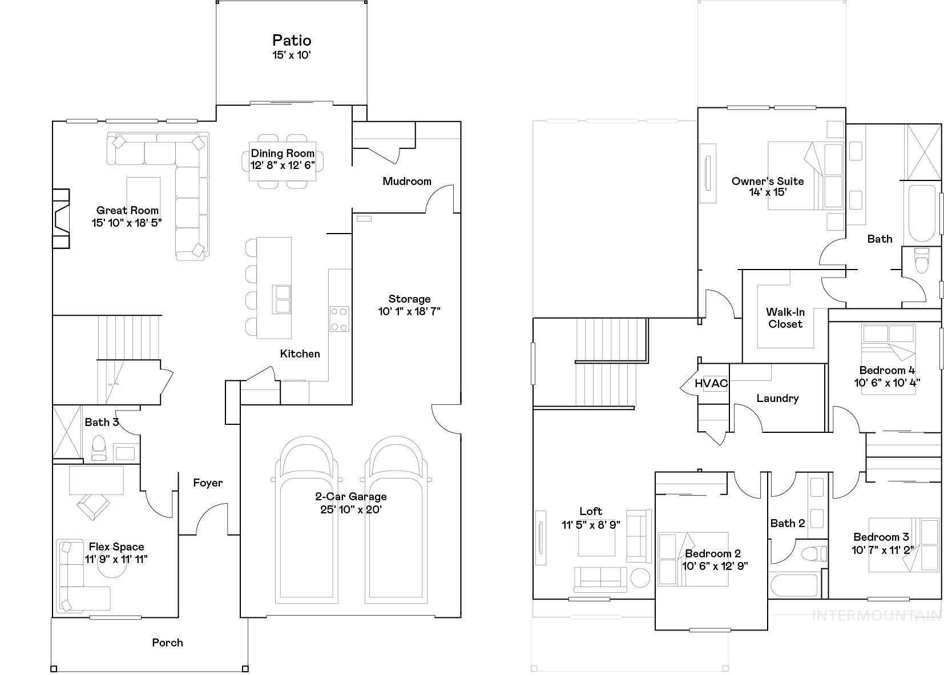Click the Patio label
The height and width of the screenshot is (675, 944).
pos(291,41)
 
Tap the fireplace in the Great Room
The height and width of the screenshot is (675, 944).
pos(60,219)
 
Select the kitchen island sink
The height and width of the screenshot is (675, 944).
pos(282,299)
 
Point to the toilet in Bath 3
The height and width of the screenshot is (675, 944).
pos(99,448)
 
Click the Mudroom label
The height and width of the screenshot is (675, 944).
pos(406,181)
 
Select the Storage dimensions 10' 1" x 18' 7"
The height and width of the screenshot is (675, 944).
pos(409,311)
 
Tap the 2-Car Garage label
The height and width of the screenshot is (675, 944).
pos(350,496)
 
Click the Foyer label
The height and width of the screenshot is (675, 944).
pos(207,483)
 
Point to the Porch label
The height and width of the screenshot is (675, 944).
pos(167,642)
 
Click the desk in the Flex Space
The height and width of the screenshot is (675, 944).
pos(96,480)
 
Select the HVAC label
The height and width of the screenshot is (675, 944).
pos(711,383)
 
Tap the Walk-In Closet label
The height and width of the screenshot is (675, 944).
pos(785,318)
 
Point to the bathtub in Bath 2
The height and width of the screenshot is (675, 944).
pos(793,585)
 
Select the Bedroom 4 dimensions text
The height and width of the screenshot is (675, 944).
pos(886,383)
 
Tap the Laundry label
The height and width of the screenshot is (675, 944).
pos(777,398)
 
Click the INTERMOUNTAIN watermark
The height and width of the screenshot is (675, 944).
pos(876,615)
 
